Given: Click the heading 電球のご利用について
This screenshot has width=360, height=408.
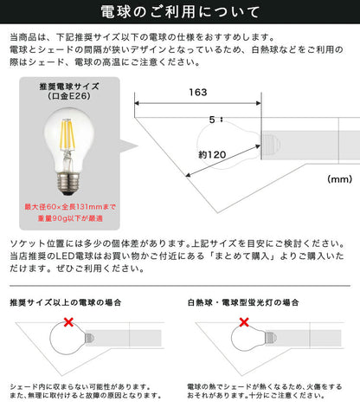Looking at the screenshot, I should click(179, 13).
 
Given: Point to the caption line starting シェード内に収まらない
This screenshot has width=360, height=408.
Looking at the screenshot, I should click(78, 384).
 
